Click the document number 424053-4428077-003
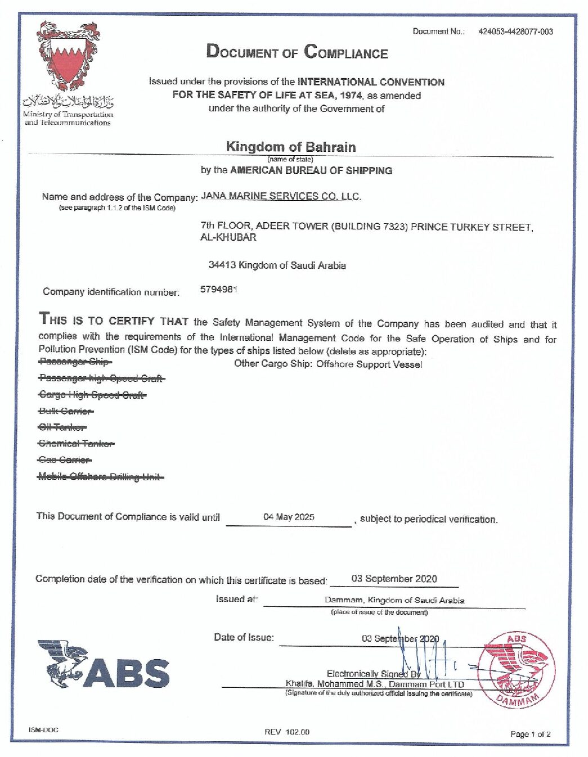coord(515,31)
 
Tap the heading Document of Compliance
coord(297,52)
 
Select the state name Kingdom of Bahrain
coord(290,147)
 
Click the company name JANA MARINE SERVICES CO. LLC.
coord(281,196)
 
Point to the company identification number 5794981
coord(219,290)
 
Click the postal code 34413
coord(222,265)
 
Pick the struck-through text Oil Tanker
coord(62,427)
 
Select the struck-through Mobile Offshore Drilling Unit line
coord(101,477)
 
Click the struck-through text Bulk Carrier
coord(66,411)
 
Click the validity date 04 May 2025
coord(289,517)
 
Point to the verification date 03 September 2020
coord(394,579)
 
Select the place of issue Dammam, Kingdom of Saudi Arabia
coord(394,600)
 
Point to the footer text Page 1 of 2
coord(530,734)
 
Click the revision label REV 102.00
coord(287,732)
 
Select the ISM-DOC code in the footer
coord(43,730)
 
